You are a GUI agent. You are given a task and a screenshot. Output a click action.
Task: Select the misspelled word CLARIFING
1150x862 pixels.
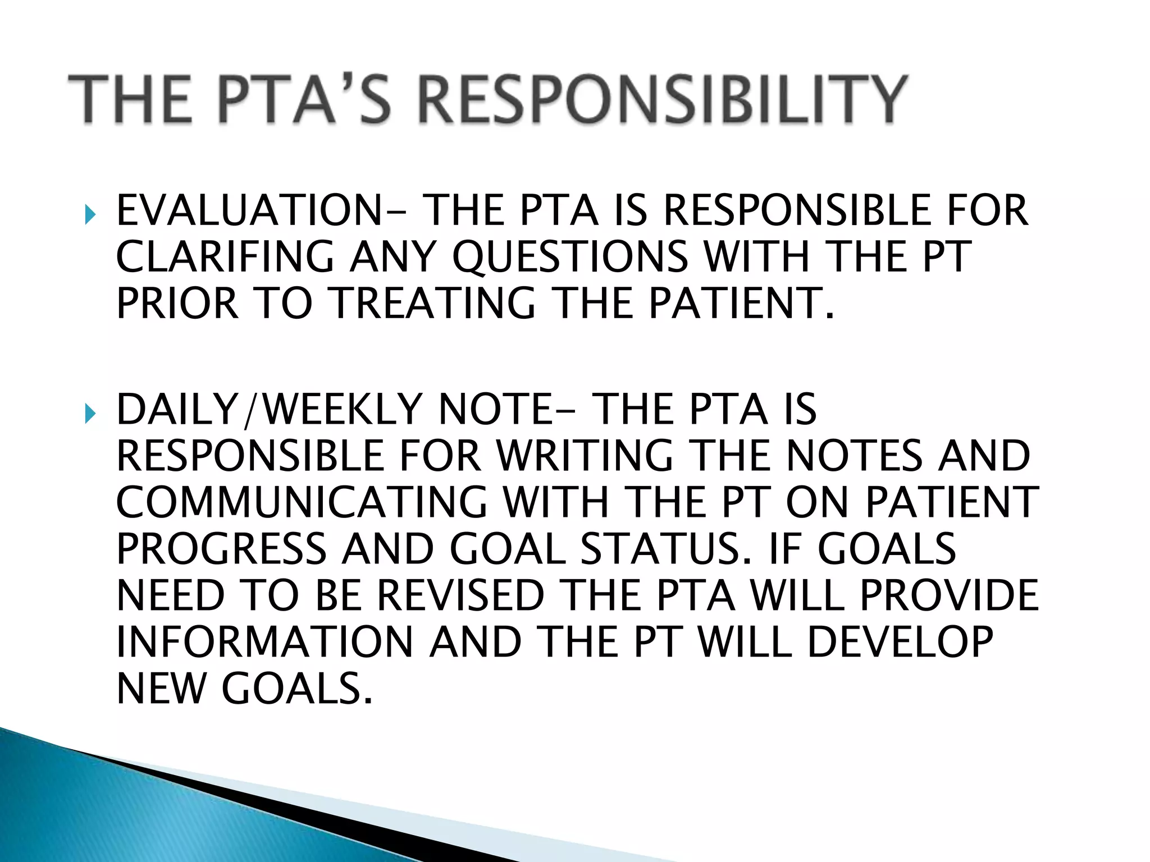click(225, 257)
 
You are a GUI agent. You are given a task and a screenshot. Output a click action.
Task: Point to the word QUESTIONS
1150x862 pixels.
click(570, 257)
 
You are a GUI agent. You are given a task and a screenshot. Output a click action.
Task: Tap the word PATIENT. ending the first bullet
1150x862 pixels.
click(741, 304)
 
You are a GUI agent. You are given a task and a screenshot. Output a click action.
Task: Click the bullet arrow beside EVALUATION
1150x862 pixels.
click(90, 214)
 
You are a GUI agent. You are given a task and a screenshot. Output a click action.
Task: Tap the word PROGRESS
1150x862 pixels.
click(221, 549)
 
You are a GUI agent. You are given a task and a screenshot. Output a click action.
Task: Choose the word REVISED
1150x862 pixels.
click(460, 595)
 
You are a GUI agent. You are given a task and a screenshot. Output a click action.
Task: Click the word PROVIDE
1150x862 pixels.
click(949, 595)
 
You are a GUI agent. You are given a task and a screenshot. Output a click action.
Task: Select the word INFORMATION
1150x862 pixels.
click(264, 643)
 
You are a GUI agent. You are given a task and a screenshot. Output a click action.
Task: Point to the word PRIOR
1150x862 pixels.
click(177, 304)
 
